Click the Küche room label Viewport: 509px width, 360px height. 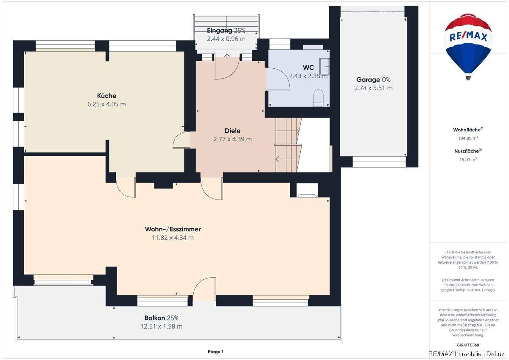[106, 96]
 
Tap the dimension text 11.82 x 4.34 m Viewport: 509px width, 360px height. [173, 238]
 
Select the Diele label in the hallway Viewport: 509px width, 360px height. [232, 131]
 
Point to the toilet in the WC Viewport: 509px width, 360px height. [319, 98]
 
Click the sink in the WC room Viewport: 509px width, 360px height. [324, 66]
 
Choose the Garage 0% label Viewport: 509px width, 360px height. [373, 79]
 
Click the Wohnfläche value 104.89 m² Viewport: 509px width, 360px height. [468, 138]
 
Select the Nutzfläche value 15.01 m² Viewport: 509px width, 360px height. [468, 160]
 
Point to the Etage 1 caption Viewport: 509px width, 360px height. [215, 352]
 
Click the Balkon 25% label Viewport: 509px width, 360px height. [161, 318]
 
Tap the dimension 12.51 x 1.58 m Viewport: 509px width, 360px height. [161, 326]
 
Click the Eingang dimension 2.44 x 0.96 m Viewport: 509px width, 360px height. [226, 39]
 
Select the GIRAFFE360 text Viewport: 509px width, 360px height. [468, 345]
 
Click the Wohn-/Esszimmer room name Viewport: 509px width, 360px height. [173, 229]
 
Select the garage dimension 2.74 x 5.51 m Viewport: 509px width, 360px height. [373, 88]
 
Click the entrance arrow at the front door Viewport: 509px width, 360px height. [227, 56]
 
